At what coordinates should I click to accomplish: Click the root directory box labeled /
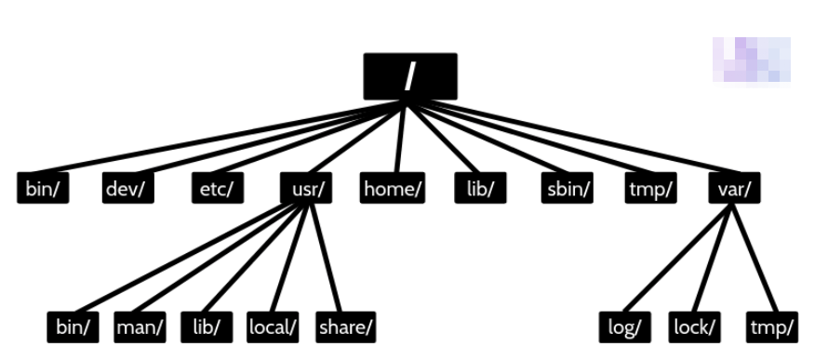pyautogui.click(x=409, y=75)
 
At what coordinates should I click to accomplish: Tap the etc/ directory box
pyautogui.click(x=217, y=188)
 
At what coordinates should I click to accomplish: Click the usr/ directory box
pyautogui.click(x=305, y=188)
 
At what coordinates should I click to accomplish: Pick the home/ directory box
pyautogui.click(x=393, y=188)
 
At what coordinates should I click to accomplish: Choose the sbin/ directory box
pyautogui.click(x=567, y=188)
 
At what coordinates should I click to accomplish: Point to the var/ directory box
pyautogui.click(x=734, y=188)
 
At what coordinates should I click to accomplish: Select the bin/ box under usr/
pyautogui.click(x=73, y=327)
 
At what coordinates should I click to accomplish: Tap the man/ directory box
pyautogui.click(x=140, y=327)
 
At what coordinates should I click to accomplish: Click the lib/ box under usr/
pyautogui.click(x=206, y=327)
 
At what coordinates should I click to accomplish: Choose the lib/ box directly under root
pyautogui.click(x=480, y=188)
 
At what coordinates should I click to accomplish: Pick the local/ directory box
pyautogui.click(x=273, y=327)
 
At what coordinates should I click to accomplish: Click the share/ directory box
pyautogui.click(x=345, y=327)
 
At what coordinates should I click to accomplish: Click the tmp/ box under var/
pyautogui.click(x=771, y=327)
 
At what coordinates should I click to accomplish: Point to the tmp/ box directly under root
pyautogui.click(x=650, y=188)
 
